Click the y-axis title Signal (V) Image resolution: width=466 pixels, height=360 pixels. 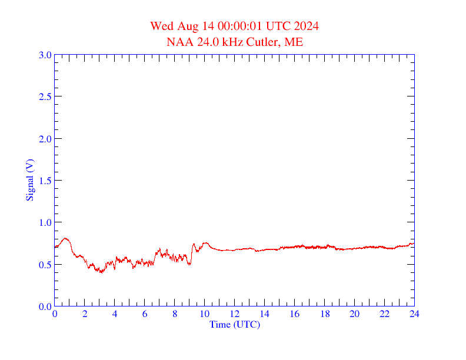[29, 180]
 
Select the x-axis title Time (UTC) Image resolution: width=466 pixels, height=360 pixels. [235, 324]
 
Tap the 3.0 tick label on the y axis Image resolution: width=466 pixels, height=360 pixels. [45, 55]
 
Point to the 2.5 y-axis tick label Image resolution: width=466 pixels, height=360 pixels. [45, 96]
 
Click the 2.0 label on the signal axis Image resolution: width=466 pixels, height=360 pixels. [45, 139]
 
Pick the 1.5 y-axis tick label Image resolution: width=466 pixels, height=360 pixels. [45, 181]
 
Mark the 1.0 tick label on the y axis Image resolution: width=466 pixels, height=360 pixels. [45, 222]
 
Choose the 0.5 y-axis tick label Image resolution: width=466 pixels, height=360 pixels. [45, 265]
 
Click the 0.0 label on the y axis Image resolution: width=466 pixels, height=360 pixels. [45, 306]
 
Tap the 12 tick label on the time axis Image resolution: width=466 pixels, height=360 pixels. [235, 314]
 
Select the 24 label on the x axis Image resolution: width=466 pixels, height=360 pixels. [414, 314]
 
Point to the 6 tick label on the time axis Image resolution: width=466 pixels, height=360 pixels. [145, 314]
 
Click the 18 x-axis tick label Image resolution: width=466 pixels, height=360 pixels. [325, 314]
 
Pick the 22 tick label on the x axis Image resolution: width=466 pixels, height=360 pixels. [384, 314]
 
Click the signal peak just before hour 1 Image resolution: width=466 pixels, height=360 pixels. [66, 238]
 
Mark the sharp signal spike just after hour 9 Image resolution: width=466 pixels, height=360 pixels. [194, 244]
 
